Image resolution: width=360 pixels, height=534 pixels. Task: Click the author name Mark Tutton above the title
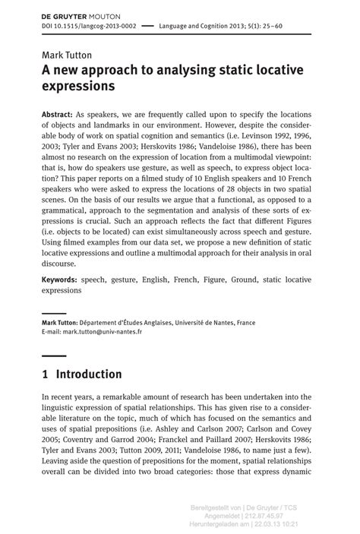[x=67, y=55]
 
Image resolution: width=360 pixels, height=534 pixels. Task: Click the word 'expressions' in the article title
[x=78, y=87]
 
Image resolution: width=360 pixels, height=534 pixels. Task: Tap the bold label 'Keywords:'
[x=60, y=280]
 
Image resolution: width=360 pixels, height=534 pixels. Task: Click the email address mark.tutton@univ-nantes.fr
[x=103, y=332]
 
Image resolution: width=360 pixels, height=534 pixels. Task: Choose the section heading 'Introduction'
[x=89, y=374]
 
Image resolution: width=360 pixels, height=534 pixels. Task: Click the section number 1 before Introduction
[x=46, y=374]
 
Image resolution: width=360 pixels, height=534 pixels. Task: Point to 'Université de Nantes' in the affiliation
[x=207, y=323]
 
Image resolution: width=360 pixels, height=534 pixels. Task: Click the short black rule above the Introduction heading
[x=53, y=355]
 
